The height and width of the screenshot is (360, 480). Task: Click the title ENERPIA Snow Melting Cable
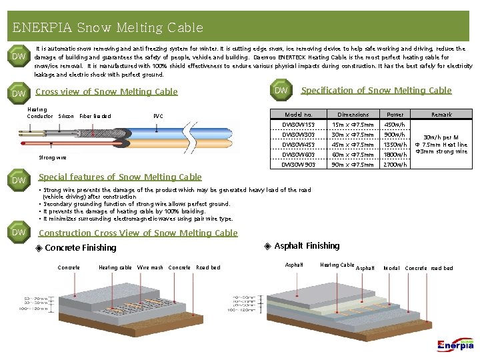coord(107,28)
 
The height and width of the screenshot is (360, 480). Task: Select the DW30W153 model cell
coord(298,125)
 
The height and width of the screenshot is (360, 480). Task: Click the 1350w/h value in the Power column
coord(395,145)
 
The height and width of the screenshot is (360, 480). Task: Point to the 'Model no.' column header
coord(298,115)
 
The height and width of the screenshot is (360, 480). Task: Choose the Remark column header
coord(441,115)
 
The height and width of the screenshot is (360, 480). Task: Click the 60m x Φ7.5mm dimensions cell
coord(353,155)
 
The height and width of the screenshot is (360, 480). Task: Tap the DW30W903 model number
coord(298,165)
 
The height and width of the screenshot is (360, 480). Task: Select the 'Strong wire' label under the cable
coord(53,158)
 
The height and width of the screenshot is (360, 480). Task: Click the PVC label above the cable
coord(158,116)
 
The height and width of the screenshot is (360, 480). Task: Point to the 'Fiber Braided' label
coord(95,116)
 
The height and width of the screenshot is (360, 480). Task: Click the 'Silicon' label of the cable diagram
coord(66,116)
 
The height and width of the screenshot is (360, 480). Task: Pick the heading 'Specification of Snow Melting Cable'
coord(376,91)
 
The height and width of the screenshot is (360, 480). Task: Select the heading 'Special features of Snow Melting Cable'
coord(120,177)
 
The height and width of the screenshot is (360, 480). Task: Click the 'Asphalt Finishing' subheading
coord(307,246)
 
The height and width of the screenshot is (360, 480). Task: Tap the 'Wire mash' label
coord(150,268)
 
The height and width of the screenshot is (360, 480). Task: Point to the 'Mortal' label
coord(391,268)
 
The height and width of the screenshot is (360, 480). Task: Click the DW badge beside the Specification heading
coord(281,90)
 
